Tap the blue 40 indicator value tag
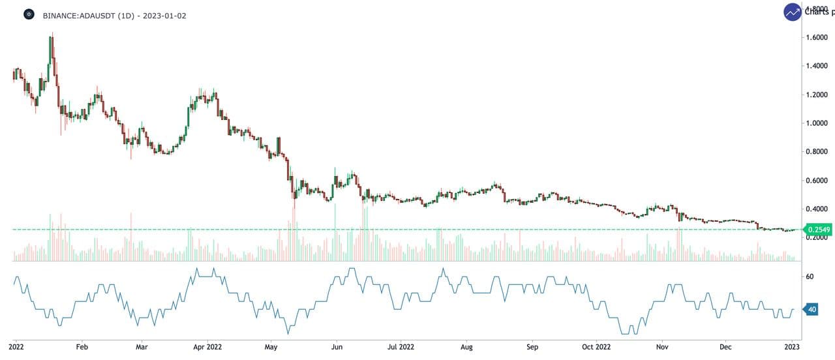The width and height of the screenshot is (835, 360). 812,310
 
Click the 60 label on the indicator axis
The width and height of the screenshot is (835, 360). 810,277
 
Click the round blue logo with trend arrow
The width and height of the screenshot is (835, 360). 793,12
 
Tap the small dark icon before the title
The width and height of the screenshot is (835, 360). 29,14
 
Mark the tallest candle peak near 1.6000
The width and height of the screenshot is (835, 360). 52,37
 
